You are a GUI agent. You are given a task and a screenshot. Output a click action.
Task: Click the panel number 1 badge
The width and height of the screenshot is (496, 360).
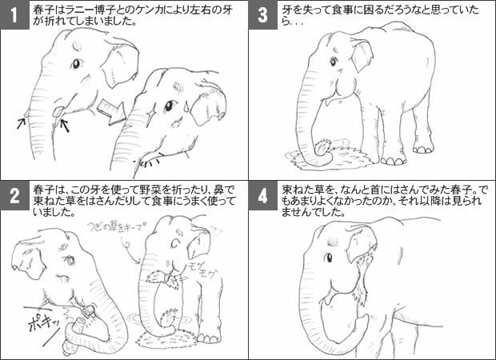click(15, 15)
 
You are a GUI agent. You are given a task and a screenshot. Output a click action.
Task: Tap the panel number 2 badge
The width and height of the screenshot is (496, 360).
click(15, 196)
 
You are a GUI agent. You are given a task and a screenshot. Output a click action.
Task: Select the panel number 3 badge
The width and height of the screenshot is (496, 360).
click(262, 15)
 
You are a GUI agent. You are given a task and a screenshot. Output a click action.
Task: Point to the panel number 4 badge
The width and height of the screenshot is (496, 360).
click(262, 196)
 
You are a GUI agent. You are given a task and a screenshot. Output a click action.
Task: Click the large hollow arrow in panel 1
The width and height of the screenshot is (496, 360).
click(110, 111)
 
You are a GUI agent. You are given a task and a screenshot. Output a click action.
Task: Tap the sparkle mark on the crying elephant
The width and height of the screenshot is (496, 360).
click(150, 114)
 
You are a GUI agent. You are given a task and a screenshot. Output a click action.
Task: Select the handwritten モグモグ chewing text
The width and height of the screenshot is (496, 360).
click(202, 270)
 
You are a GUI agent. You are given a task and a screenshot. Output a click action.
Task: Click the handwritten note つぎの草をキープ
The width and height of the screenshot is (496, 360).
click(117, 228)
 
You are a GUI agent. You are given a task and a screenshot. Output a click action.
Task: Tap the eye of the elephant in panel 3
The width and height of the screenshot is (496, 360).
click(333, 62)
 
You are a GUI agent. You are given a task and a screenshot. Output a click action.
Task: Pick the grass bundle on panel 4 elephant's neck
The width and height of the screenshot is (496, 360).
click(362, 279)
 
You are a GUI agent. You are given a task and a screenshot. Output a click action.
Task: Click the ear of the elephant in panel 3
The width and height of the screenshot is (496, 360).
click(362, 56)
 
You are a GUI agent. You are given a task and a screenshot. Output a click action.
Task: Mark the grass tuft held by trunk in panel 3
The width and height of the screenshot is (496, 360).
click(322, 146)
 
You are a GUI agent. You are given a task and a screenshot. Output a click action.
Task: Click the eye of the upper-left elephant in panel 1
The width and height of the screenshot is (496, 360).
click(76, 64)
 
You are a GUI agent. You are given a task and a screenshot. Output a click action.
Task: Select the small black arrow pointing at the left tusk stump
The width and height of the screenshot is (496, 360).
click(22, 123)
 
